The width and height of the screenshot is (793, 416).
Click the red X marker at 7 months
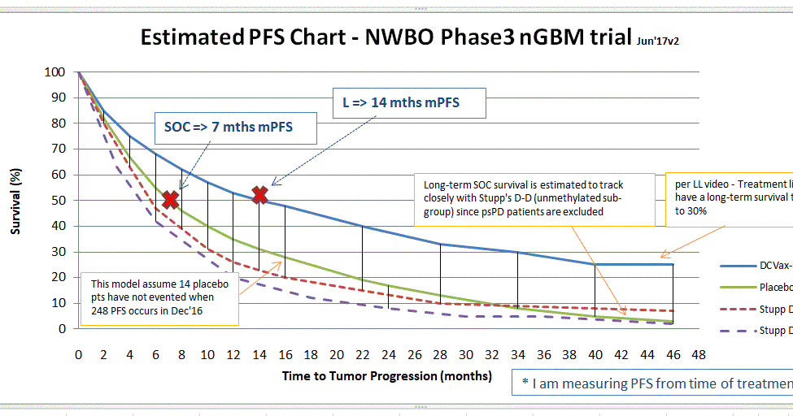170,200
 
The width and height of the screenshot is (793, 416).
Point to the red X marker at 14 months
259,195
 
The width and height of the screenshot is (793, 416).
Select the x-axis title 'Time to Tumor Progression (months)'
386,376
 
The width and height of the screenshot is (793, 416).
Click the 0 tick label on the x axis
78,355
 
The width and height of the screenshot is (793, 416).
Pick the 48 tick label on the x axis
698,355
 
